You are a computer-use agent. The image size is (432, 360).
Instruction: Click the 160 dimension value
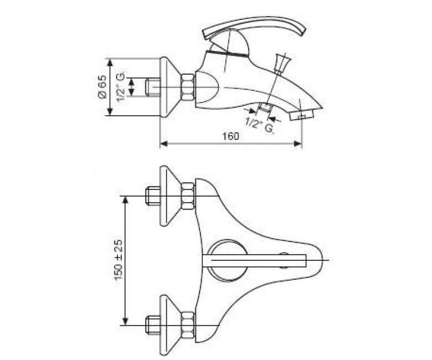(231, 136)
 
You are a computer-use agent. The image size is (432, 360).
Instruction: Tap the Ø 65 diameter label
(102, 87)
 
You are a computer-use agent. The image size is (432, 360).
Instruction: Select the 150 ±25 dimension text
(118, 259)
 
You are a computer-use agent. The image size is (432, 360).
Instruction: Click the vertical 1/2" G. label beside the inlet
(121, 87)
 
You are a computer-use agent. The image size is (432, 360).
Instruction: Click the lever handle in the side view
(254, 28)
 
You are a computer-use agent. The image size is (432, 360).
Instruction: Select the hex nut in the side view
(188, 88)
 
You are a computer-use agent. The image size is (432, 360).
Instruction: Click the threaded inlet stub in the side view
(152, 88)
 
